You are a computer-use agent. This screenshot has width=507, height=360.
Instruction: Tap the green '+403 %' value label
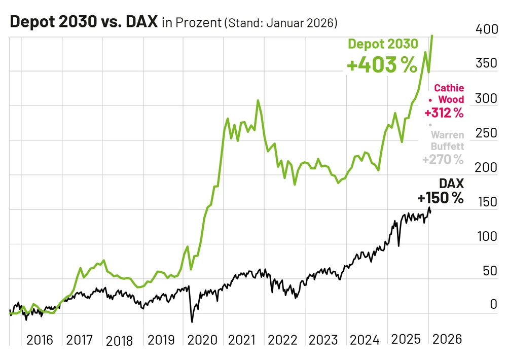coord(382,65)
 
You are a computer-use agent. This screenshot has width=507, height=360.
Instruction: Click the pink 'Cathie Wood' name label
coord(449,94)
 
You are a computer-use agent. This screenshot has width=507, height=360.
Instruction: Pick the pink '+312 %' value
coord(444,113)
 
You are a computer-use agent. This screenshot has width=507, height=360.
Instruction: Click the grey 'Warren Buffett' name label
coord(447,140)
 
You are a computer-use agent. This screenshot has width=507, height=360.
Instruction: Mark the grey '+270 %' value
coord(443,160)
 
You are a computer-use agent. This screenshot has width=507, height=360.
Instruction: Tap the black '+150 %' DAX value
coord(441,198)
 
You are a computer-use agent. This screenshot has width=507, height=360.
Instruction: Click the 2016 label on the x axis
coord(40,339)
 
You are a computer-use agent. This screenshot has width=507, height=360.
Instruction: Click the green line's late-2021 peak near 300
coord(258,100)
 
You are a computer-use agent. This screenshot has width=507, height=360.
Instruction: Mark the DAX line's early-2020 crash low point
coord(192,321)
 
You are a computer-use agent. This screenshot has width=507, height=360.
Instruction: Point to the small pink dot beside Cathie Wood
coord(430,100)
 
